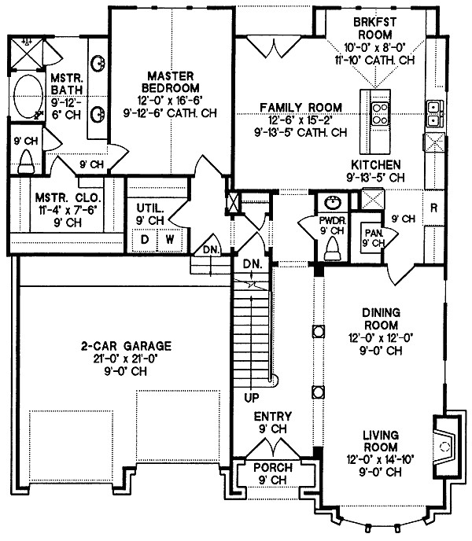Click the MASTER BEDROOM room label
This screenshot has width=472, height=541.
point(171,80)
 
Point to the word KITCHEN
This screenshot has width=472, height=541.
point(376,164)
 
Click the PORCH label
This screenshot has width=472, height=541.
point(272,467)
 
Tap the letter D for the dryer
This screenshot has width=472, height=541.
point(146,238)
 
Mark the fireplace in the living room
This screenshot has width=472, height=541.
point(443,445)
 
